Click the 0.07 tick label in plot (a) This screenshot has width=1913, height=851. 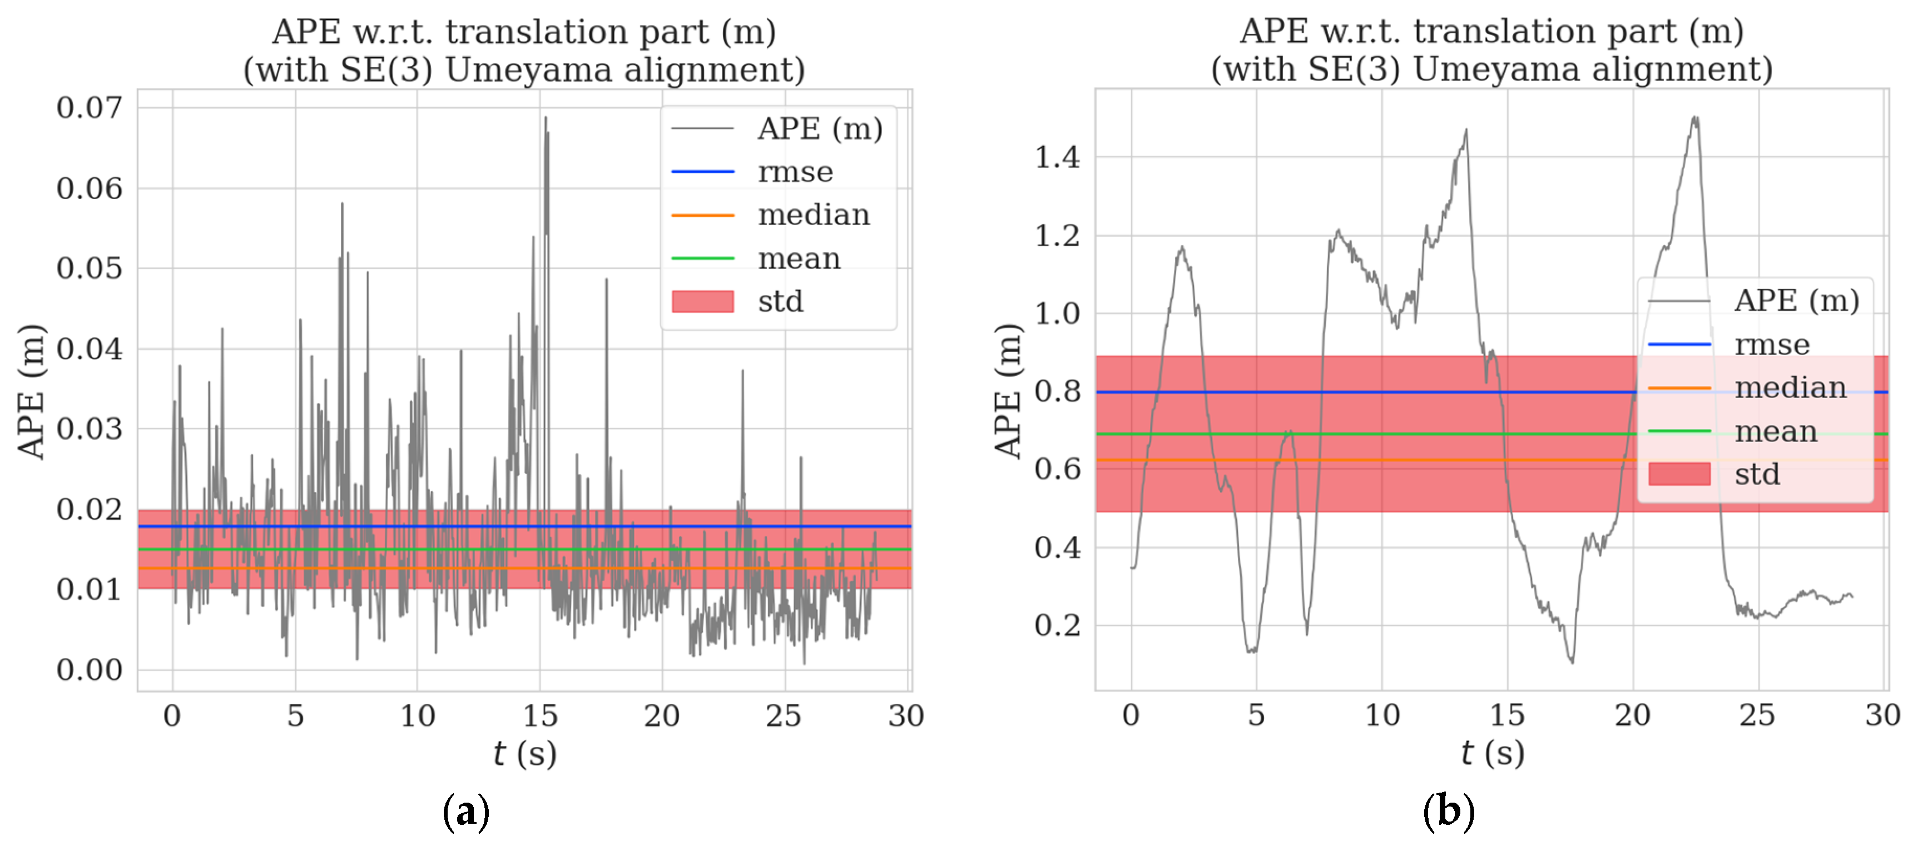point(89,108)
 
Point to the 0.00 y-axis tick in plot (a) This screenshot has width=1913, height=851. point(89,670)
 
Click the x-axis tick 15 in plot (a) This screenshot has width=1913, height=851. point(540,716)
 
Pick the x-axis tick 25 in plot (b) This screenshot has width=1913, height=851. point(1757,715)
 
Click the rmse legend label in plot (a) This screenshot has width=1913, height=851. point(795,172)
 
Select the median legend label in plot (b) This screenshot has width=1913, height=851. point(1790,387)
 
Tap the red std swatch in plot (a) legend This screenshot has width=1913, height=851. point(702,301)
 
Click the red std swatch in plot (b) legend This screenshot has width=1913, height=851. point(1679,474)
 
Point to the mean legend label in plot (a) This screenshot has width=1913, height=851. point(799,258)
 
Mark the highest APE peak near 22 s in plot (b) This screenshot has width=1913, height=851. point(1694,117)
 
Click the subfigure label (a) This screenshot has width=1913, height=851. point(465,812)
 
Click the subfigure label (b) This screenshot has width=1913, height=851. point(1448,812)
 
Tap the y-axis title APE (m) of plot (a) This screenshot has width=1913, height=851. point(31,391)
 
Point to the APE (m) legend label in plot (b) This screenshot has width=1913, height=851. point(1796,301)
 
